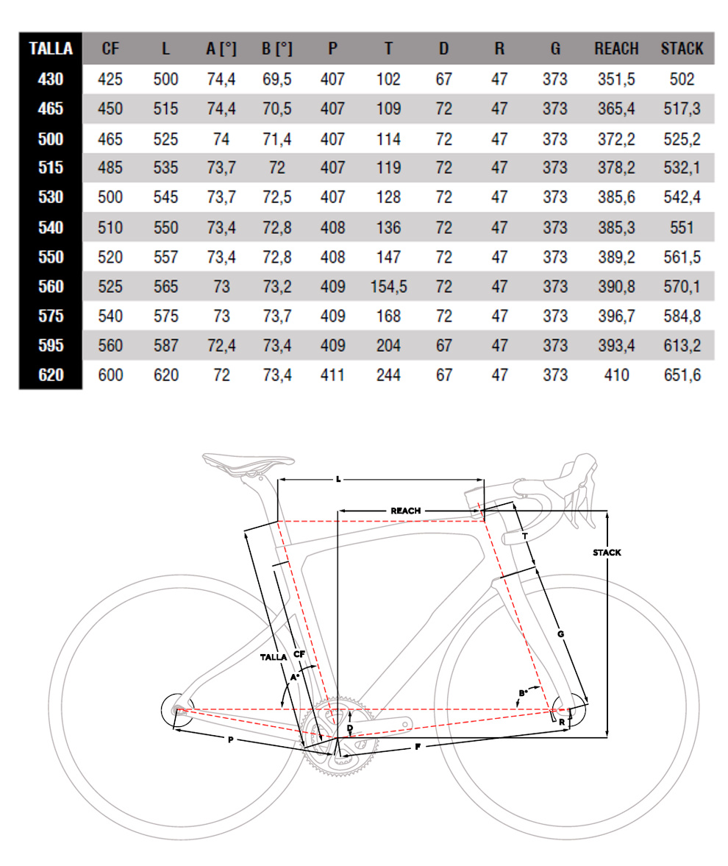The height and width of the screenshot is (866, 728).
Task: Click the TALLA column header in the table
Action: [x=51, y=49]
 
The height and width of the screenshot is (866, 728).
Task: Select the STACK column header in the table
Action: [x=682, y=49]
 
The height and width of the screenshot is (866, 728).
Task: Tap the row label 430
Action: [x=51, y=79]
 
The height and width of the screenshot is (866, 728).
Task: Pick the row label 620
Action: [x=51, y=375]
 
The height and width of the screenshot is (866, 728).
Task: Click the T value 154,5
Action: [x=388, y=287]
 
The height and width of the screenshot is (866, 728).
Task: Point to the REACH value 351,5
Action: [x=616, y=79]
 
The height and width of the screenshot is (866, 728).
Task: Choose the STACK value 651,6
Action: [x=682, y=375]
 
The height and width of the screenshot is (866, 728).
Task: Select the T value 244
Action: [x=388, y=375]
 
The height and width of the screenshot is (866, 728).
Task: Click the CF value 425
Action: [x=110, y=79]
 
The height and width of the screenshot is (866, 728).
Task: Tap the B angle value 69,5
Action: [x=277, y=79]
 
